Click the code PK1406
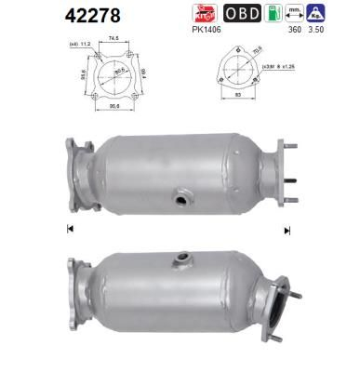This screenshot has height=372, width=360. coord(211,30)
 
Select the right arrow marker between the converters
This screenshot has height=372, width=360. coord(287,229)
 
